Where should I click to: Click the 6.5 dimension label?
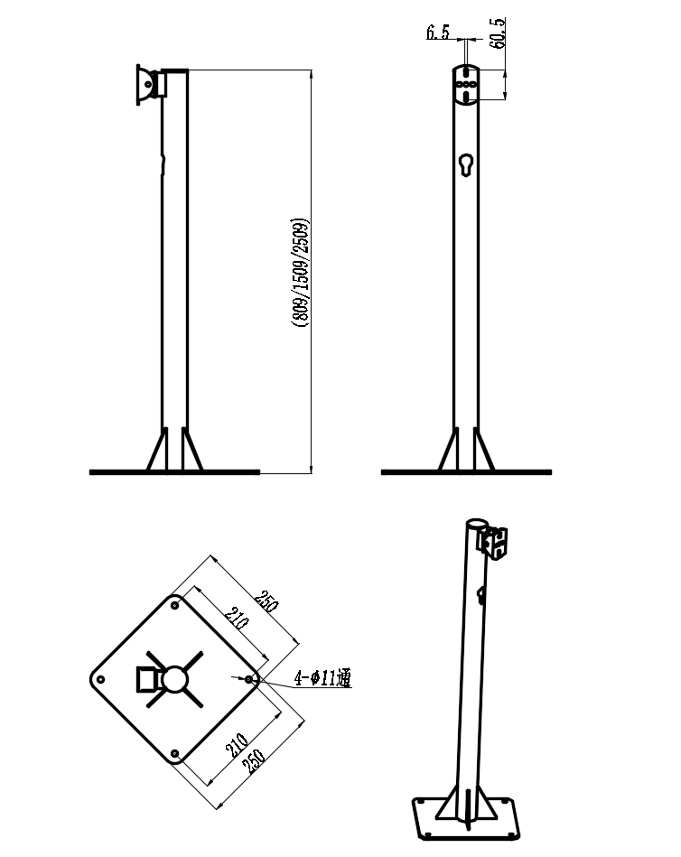[x=438, y=33]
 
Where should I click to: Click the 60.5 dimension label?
[x=498, y=33]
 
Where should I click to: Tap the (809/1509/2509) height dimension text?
[x=300, y=273]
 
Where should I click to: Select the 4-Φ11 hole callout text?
[x=322, y=677]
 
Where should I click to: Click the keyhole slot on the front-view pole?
[x=466, y=165]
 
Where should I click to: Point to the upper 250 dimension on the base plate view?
[x=267, y=601]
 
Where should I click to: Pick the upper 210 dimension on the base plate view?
[x=237, y=619]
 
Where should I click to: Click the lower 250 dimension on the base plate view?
[x=254, y=760]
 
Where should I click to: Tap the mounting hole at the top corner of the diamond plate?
[x=175, y=606]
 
